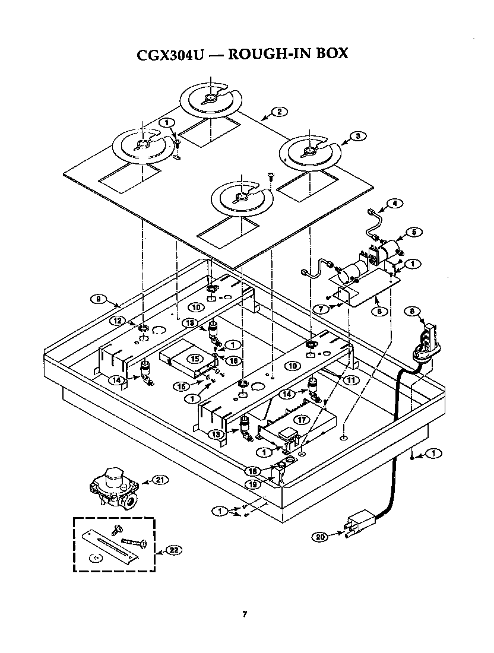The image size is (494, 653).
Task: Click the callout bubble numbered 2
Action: pos(279,112)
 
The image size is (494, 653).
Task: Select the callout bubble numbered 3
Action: pos(358,136)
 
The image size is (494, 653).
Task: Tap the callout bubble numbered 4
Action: pos(394,203)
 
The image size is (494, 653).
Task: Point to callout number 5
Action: pos(414,232)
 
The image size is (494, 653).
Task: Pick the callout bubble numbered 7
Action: pos(321,309)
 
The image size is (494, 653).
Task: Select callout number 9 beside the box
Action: pos(99,299)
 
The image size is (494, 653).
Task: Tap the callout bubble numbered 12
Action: pos(118,321)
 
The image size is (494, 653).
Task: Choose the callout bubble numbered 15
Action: pos(195,359)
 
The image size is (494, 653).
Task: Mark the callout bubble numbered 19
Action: pos(252,484)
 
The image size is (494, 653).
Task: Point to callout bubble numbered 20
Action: pos(320,537)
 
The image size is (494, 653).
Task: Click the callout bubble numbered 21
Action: pos(160,480)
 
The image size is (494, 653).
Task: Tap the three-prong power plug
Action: pos(359,523)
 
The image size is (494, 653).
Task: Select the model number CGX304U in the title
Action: pos(170,55)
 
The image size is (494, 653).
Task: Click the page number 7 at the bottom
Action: pos(245,614)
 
